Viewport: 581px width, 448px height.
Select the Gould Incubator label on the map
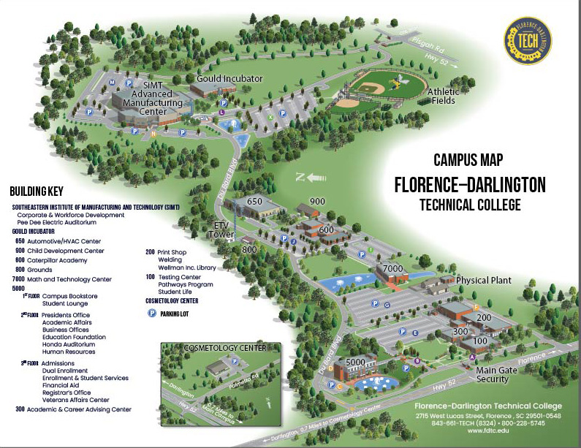(x=229, y=78)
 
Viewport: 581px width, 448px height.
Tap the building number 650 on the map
(x=254, y=201)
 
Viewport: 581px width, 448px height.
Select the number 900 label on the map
(x=317, y=201)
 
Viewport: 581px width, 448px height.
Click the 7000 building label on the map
(x=392, y=268)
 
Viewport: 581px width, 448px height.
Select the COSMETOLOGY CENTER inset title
(x=214, y=347)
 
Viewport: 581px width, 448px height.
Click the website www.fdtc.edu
(x=487, y=430)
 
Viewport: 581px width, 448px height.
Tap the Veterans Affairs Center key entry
(x=76, y=400)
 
